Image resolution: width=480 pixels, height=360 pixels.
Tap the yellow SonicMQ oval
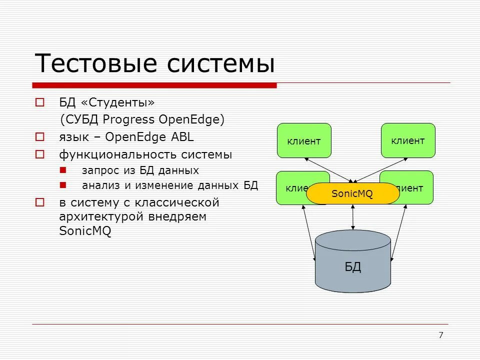(x=352, y=193)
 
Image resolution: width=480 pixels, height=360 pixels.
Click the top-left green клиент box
(x=304, y=140)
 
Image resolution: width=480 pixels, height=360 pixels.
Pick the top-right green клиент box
(x=408, y=140)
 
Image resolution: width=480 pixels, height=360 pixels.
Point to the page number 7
(x=440, y=335)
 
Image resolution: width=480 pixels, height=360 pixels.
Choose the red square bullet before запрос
(x=63, y=170)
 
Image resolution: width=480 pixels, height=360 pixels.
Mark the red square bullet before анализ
(x=63, y=185)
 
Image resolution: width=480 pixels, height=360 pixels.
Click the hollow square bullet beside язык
(x=40, y=137)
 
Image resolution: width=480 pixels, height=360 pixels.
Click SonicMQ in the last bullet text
(x=85, y=231)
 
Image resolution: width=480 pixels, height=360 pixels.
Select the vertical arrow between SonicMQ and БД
(x=353, y=216)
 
